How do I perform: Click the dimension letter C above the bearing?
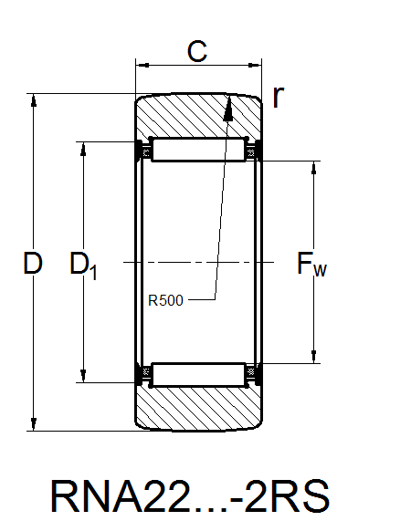[196, 52]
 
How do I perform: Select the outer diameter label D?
[33, 265]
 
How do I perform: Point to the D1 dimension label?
[83, 266]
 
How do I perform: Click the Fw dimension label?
[311, 266]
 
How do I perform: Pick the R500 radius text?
[166, 298]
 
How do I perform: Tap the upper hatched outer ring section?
[183, 117]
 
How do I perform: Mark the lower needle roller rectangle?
[200, 374]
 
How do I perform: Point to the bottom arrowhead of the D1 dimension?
[85, 375]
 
